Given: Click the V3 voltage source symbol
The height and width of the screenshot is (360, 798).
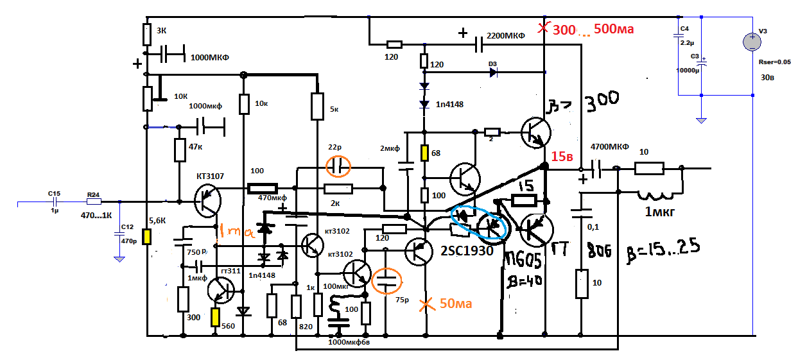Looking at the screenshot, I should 752,42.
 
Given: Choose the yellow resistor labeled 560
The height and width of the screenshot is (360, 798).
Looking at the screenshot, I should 214,317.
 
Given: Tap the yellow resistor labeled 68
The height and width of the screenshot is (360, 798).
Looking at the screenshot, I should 424,153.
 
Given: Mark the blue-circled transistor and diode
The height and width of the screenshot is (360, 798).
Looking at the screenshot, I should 480,223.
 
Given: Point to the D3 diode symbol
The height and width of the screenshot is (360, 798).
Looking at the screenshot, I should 493,72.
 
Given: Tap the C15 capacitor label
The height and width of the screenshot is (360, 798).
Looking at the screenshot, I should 54,193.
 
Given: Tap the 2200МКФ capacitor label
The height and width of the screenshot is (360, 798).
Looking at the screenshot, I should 506,36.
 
